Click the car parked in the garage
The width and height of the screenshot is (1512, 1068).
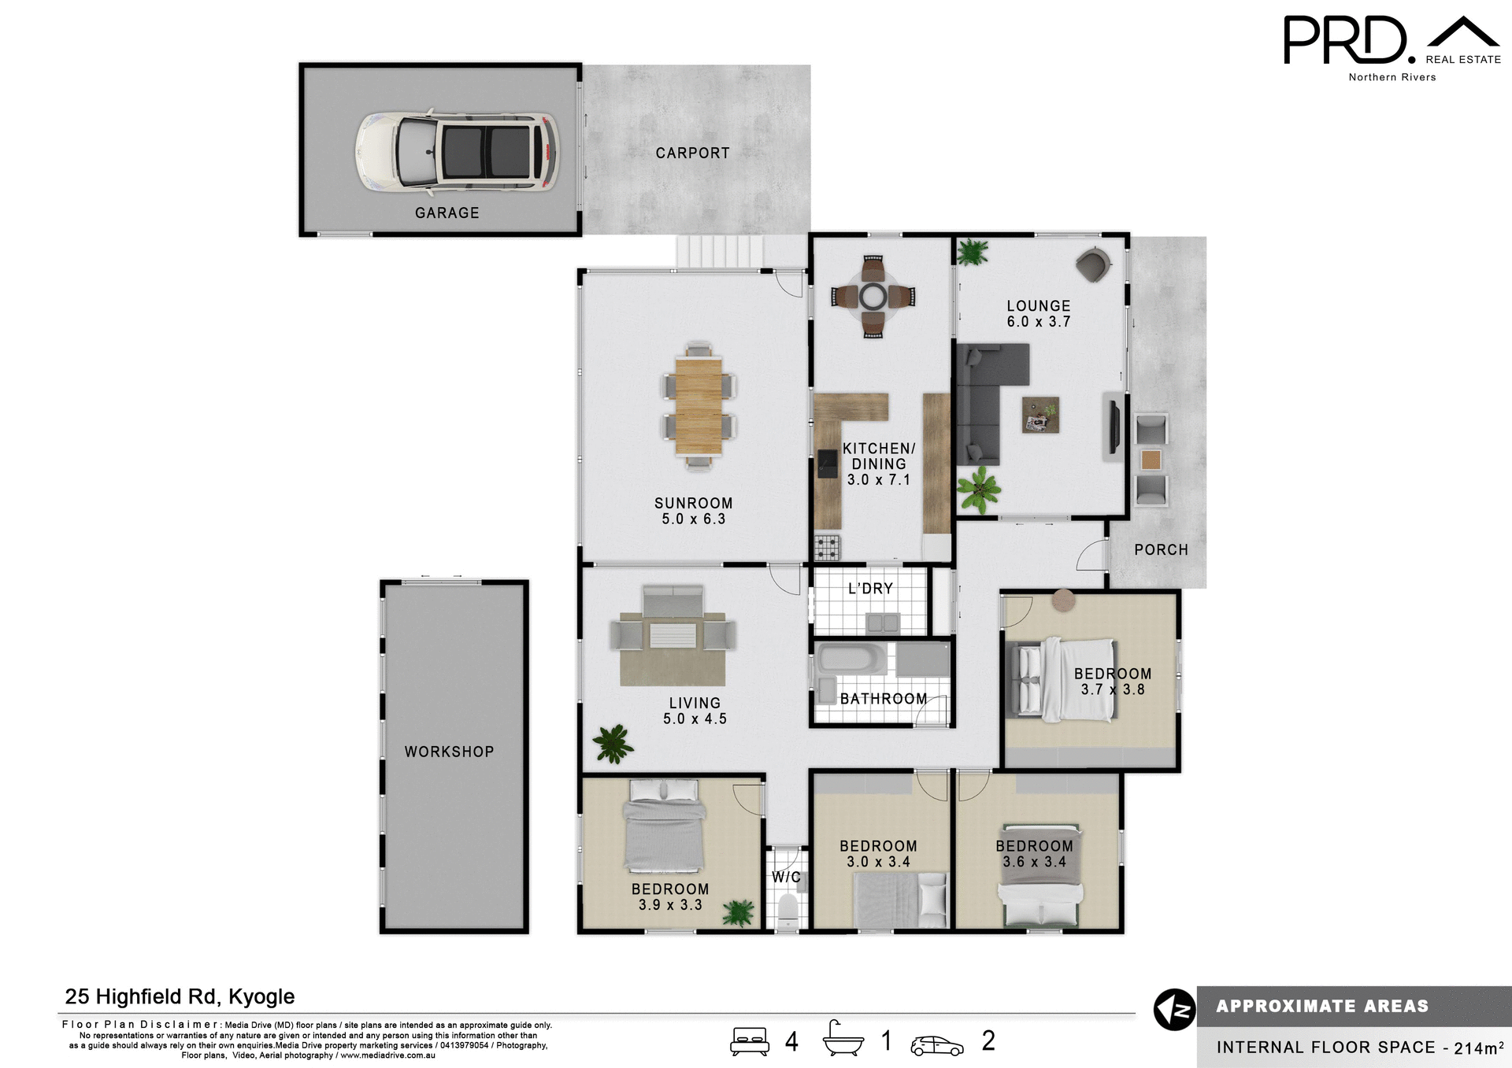[458, 152]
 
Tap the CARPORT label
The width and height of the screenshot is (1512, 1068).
[692, 153]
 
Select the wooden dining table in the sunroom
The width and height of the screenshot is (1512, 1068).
[699, 406]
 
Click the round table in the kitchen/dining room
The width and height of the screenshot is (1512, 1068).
[873, 297]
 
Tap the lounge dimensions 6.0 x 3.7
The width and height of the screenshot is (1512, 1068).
[1038, 322]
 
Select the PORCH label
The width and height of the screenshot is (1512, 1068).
[1161, 550]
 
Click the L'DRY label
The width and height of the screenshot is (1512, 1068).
[870, 589]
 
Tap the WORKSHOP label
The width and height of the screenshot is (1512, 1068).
[449, 752]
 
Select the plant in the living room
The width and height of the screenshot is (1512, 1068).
[613, 743]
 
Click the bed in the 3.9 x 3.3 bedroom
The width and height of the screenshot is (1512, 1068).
[664, 826]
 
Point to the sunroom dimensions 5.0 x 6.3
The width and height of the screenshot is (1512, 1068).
[693, 519]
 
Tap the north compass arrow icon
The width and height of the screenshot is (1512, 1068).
[1174, 1010]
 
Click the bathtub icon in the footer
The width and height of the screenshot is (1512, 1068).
[843, 1041]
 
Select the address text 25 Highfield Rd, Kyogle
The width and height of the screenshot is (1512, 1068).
[180, 996]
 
